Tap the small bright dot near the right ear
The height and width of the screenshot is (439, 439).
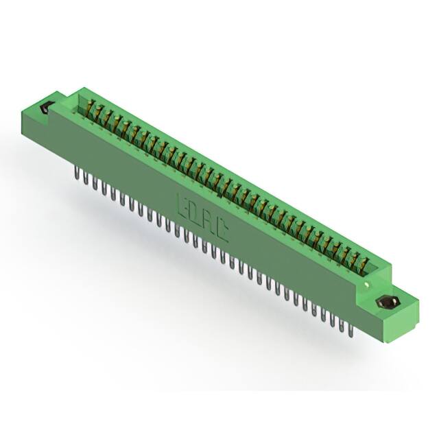(x=368, y=283)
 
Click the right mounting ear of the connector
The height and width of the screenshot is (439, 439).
(x=391, y=305)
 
